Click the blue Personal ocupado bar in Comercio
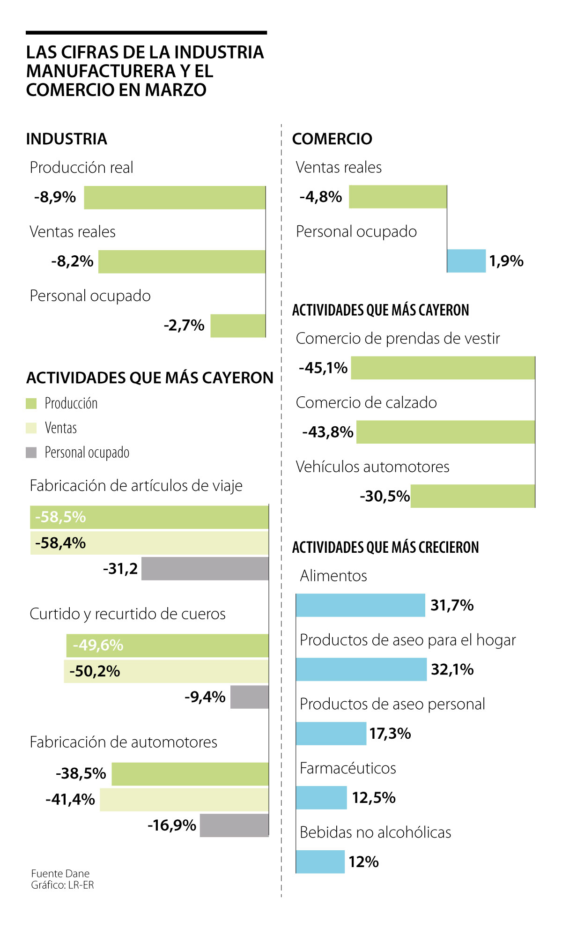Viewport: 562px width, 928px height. coord(466,261)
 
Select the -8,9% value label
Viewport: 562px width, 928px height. coord(55,197)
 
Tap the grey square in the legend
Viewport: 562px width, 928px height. coord(31,453)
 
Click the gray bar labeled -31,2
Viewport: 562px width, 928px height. coord(205,569)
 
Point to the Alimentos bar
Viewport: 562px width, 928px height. coord(361,605)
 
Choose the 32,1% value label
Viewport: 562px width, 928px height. coord(452,669)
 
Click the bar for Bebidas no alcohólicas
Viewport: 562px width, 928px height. coord(320,862)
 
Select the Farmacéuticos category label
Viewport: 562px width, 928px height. coord(348,768)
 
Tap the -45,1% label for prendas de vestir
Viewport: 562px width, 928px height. coord(323,368)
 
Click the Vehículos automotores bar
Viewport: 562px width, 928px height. coord(473,496)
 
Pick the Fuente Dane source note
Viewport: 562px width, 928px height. coord(60,874)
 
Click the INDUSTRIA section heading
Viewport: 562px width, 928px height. coord(67,139)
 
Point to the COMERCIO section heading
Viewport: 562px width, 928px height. coord(332,139)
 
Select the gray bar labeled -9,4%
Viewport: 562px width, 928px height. coord(250,697)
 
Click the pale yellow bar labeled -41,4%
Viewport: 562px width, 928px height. coord(184,800)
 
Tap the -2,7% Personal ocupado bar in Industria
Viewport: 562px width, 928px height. coord(238,326)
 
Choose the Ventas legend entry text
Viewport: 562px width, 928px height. coord(61,428)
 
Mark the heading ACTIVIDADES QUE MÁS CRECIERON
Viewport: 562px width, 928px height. coord(385,547)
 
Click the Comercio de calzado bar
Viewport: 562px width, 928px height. coord(445,432)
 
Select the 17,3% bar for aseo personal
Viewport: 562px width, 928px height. coord(331,734)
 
